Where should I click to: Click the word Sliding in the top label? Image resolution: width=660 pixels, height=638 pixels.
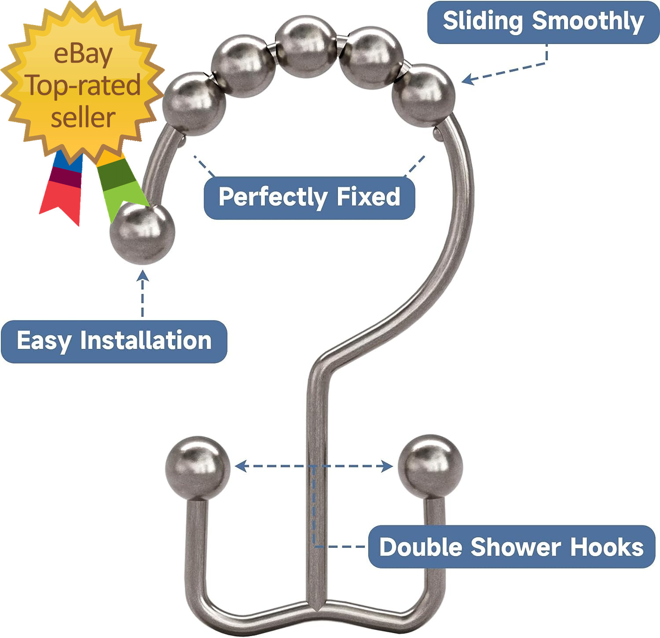click(482, 21)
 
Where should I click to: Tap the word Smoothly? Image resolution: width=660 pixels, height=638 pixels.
click(588, 21)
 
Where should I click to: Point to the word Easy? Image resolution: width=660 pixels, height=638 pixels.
click(44, 341)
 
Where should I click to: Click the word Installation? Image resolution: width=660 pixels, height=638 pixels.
click(146, 341)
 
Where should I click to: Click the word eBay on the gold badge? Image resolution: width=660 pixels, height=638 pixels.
click(83, 54)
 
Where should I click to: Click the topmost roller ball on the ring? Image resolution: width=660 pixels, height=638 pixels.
click(306, 45)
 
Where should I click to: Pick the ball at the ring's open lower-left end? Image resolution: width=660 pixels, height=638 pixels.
click(142, 233)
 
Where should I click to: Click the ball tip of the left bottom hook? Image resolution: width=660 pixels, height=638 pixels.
click(198, 468)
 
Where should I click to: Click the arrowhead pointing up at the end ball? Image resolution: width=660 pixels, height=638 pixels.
click(142, 275)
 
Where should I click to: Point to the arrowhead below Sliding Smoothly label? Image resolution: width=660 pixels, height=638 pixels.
click(468, 79)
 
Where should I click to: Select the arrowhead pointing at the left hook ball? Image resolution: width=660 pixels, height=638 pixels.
click(240, 466)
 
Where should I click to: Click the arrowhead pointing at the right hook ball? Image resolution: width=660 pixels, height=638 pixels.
click(387, 466)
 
